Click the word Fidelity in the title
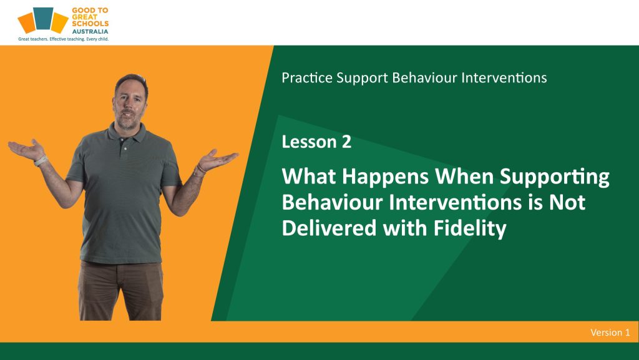[469, 228]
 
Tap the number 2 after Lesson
[346, 142]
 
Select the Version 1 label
[610, 333]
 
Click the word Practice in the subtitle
[307, 77]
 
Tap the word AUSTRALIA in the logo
[90, 31]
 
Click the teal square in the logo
[43, 18]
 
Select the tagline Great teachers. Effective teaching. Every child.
[63, 39]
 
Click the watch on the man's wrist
[41, 161]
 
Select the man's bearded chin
[127, 122]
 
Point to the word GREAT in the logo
[85, 17]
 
